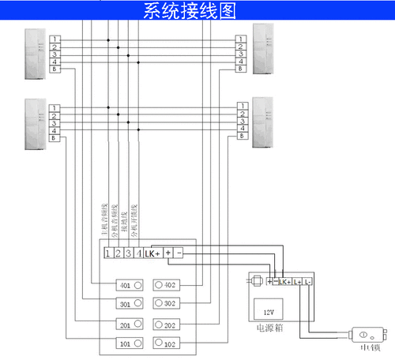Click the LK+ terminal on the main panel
(152, 253)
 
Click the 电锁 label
(368, 347)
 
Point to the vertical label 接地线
(124, 223)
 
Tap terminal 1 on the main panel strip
(107, 253)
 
